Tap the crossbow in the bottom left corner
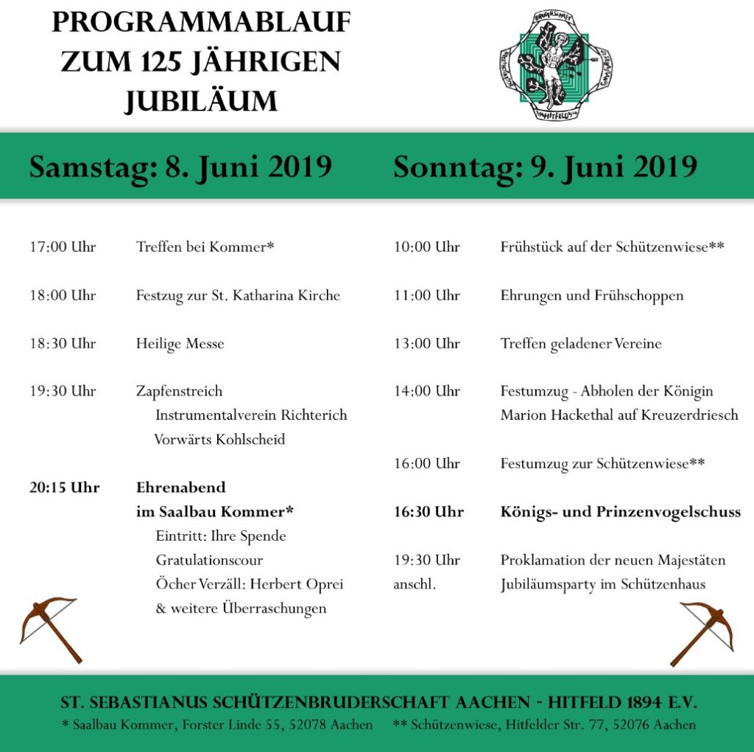point(50,627)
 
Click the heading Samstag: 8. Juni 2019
point(180,166)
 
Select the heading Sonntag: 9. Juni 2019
point(545,166)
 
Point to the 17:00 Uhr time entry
point(63,247)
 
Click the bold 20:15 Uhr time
point(64,488)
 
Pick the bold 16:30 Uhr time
point(429,512)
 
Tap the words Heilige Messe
point(180,344)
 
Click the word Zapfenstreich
point(179,391)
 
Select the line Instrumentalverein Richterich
point(251,415)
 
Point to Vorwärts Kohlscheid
point(219,440)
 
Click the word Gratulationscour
point(209,561)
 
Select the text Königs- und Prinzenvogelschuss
point(620,512)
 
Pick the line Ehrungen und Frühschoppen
point(591,295)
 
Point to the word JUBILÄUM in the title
point(200,101)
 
